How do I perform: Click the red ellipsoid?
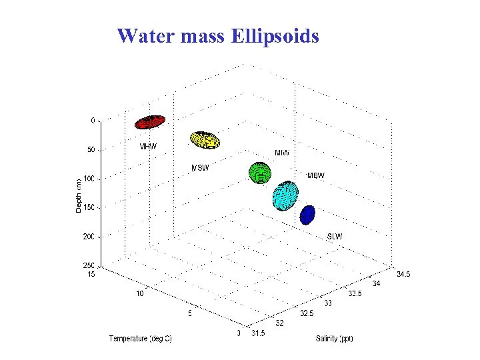tap(150, 121)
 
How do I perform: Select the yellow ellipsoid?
tap(205, 139)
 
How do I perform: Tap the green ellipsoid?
tap(260, 173)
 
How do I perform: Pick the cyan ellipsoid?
tap(286, 195)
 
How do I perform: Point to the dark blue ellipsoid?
tap(307, 215)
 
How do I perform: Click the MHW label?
tap(149, 147)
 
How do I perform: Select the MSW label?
tap(200, 168)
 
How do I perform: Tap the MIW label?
tap(282, 153)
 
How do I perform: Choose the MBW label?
tap(315, 176)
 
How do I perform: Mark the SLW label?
tap(335, 237)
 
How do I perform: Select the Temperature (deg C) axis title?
tap(140, 339)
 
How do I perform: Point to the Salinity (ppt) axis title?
tap(335, 339)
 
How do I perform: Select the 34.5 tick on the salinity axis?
tap(404, 273)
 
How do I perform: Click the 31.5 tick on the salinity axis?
tap(258, 333)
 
